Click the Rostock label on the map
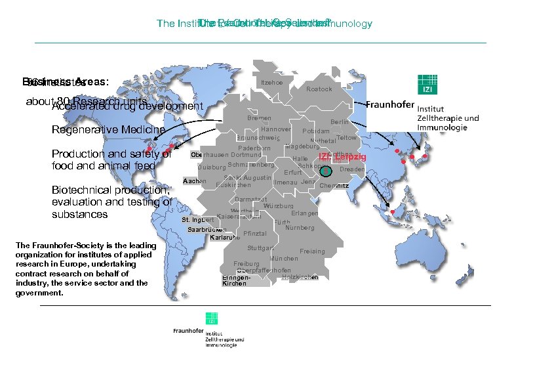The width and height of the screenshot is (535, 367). click(319, 89)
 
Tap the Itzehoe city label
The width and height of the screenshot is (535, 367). click(271, 83)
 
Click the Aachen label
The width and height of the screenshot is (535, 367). click(195, 181)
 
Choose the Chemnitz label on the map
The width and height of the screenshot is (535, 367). click(334, 186)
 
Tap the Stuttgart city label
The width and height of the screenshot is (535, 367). click(260, 248)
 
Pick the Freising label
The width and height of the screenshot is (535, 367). click(312, 251)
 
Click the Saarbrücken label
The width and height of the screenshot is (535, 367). click(206, 230)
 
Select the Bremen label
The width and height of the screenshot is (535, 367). click(259, 118)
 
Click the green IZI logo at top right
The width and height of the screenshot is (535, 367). click(427, 85)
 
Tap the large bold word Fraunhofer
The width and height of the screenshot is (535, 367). click(393, 105)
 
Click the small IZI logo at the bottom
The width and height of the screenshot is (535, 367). click(212, 319)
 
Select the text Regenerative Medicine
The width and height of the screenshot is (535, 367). click(108, 129)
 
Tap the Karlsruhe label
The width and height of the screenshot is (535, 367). click(224, 238)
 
